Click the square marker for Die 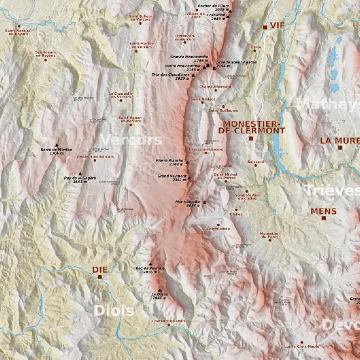point(100,277)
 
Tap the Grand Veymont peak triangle point(189,178)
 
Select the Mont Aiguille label point(188,203)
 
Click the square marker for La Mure point(340,147)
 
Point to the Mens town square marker point(323,218)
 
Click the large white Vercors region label point(131,140)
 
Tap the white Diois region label point(114,311)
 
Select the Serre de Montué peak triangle point(56,145)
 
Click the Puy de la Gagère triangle point(80,174)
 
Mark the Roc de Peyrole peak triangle point(150,264)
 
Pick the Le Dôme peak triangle point(160,290)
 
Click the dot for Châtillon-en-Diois point(169,325)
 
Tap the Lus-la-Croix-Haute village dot point(302,342)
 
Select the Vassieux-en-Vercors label point(95,156)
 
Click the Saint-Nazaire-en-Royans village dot point(19,26)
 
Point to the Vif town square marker point(265,27)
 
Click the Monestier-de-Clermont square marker point(251,138)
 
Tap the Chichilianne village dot point(218,225)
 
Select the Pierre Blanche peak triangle point(187,163)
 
